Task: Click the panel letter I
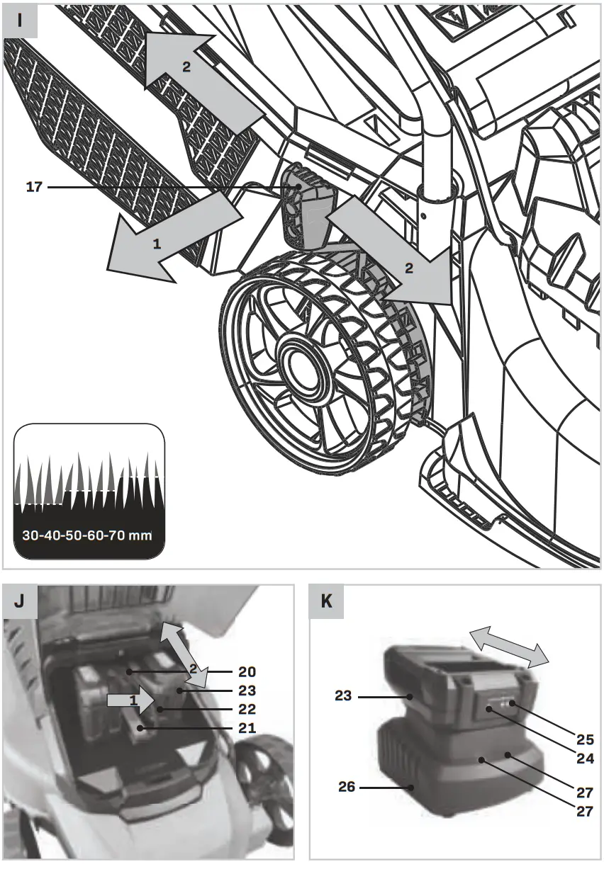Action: coord(19,20)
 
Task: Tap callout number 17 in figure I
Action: coord(34,188)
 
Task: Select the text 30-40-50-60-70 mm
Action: coord(87,535)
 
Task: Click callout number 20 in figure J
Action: coord(247,671)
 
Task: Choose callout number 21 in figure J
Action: coord(247,728)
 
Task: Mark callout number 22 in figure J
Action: coord(247,709)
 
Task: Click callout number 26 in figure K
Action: coord(347,787)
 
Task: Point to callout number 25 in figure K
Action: coord(585,739)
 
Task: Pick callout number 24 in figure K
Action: coord(585,757)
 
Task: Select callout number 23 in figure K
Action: coord(344,696)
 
